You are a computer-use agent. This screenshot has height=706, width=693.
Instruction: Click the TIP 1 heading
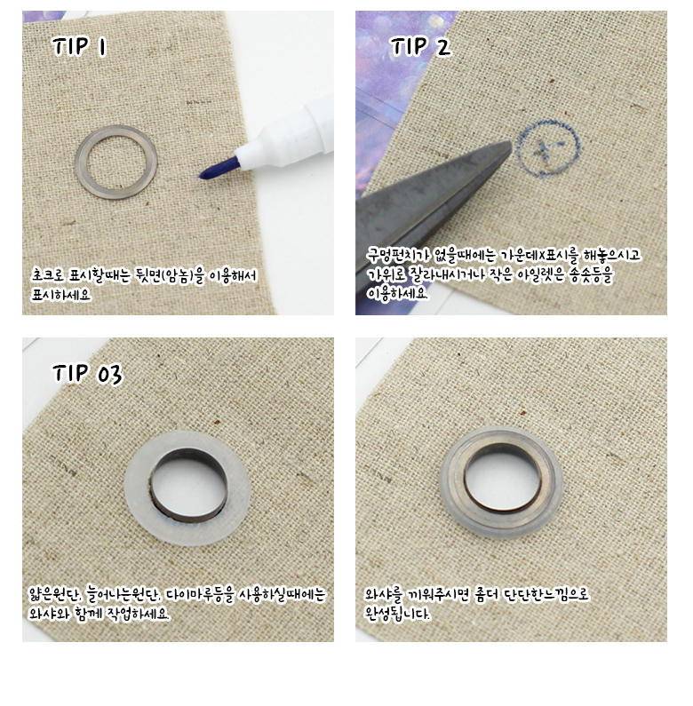(80, 46)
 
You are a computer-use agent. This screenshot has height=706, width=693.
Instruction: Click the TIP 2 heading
(420, 46)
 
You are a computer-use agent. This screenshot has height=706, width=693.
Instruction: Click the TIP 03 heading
(87, 374)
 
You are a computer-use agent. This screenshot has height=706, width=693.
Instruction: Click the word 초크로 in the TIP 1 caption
(48, 274)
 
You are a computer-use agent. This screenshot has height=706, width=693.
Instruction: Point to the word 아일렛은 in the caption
(541, 274)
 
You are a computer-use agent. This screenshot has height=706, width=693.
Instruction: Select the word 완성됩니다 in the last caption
(397, 614)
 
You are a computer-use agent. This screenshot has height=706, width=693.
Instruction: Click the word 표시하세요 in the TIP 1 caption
(60, 295)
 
